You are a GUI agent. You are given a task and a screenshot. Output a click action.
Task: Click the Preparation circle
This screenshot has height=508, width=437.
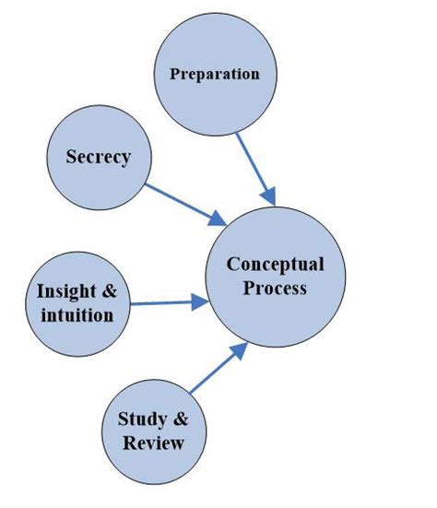(x=215, y=74)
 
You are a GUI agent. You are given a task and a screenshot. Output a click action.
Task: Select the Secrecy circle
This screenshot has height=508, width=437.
(x=98, y=157)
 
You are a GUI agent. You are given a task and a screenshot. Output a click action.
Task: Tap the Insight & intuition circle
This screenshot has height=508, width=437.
(x=77, y=302)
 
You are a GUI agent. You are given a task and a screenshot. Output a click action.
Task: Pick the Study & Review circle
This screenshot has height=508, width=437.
(x=153, y=431)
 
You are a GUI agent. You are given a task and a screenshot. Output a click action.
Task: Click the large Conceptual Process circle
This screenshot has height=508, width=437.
(x=276, y=276)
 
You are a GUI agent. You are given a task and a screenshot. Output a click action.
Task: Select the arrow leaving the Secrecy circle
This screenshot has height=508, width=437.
(x=185, y=204)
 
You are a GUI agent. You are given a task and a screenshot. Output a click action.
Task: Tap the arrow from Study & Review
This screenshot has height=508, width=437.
(x=219, y=367)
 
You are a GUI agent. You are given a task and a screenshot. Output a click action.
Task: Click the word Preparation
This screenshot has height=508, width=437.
(x=215, y=74)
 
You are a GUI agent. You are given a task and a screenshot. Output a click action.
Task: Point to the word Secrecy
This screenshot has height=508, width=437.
(x=98, y=157)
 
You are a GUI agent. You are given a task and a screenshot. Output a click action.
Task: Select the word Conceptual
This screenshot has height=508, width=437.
(x=276, y=265)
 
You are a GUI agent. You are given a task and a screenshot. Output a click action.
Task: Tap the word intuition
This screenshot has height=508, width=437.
(x=77, y=315)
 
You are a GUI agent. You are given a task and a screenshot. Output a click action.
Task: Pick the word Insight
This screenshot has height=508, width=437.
(x=65, y=291)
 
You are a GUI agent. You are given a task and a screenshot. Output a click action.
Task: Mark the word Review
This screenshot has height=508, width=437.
(x=153, y=443)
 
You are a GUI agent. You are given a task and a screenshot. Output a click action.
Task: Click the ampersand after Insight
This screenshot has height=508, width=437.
(x=109, y=291)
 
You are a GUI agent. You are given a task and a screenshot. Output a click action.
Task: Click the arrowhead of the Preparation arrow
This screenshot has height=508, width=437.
(x=269, y=197)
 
